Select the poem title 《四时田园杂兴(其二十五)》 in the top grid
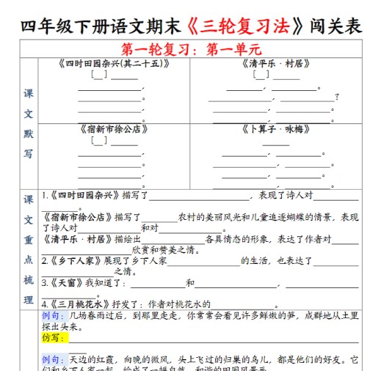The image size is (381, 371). [x=113, y=64]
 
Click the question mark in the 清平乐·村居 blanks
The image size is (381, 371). [x=336, y=97]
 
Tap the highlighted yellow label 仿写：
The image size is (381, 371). [x=53, y=339]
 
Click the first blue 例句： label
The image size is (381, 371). [x=53, y=315]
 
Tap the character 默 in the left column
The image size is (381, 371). [x=28, y=134]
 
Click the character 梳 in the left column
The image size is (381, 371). [x=28, y=279]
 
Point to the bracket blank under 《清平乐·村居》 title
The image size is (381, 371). [x=261, y=75]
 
